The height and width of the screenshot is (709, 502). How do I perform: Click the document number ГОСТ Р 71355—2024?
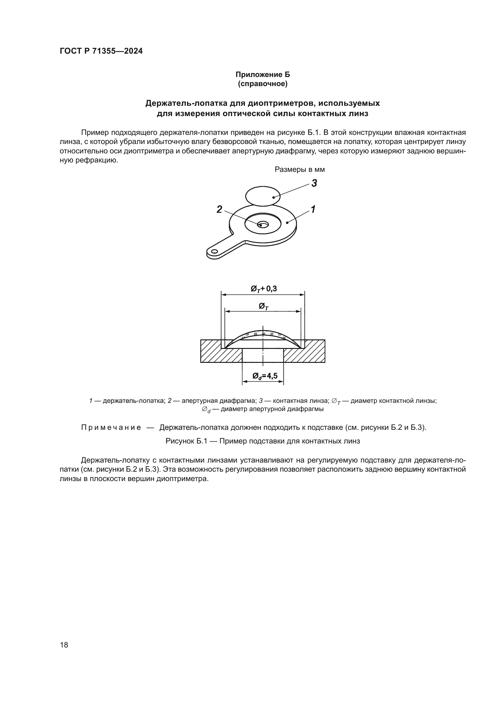coord(101,51)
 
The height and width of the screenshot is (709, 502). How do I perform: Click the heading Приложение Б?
coord(263,75)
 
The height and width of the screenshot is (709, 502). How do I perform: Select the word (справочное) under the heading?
coord(263,84)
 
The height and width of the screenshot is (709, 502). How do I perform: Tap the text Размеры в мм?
coord(300,169)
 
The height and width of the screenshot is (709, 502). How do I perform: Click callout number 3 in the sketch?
coord(314,183)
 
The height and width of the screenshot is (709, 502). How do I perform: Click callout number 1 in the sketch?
coord(313,209)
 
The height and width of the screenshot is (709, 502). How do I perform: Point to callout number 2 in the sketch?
coord(219,209)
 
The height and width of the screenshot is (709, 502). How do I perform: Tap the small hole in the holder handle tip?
coord(214,251)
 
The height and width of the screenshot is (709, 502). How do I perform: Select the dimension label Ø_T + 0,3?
coord(263,289)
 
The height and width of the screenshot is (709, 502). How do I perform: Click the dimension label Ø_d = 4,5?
coord(265,376)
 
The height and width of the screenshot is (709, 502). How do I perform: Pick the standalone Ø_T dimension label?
coord(263,306)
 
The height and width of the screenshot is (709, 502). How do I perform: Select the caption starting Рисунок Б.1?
coord(263,441)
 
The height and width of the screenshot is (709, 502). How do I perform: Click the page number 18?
coord(64,645)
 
